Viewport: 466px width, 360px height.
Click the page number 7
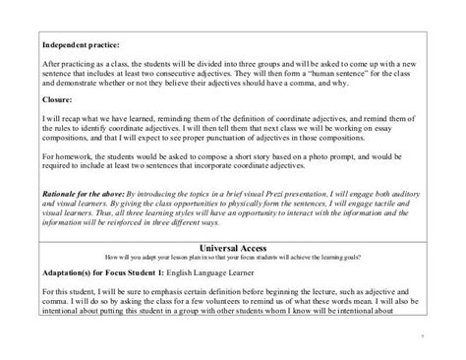click(422, 334)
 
